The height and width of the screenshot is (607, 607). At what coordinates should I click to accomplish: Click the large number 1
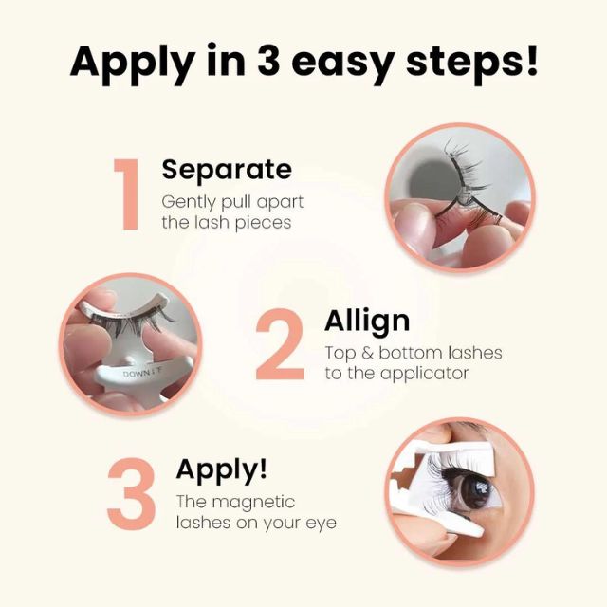125,194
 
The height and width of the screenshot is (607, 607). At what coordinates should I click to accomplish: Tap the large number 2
280,346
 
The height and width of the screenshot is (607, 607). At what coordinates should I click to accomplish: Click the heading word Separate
226,170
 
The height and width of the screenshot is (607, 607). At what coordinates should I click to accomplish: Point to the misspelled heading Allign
365,321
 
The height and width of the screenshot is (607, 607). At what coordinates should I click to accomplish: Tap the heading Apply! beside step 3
221,469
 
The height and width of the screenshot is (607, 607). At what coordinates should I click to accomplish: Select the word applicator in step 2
424,374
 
